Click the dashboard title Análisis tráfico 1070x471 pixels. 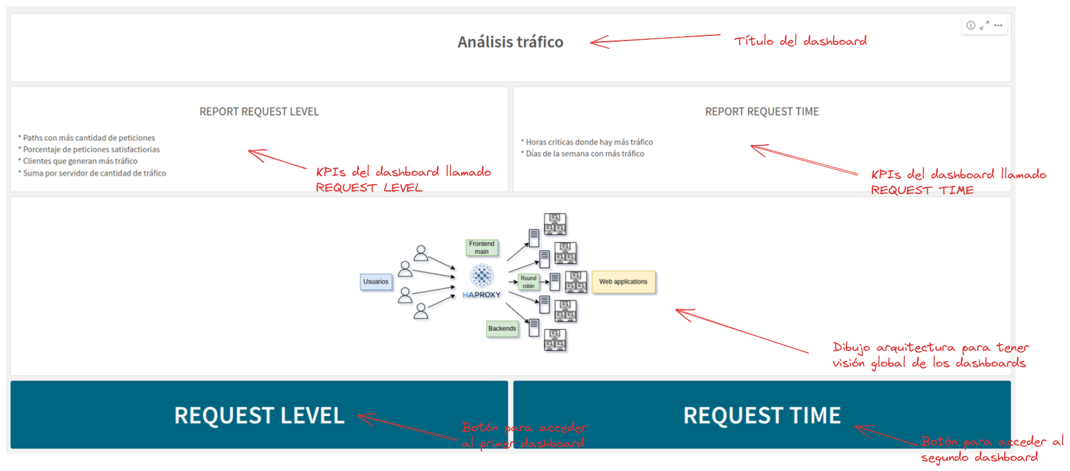pyautogui.click(x=510, y=42)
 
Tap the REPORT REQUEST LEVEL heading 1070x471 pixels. pyautogui.click(x=259, y=112)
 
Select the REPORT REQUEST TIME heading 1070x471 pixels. pyautogui.click(x=762, y=112)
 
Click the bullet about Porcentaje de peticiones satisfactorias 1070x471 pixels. pyautogui.click(x=91, y=150)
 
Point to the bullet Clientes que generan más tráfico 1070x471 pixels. pyautogui.click(x=80, y=161)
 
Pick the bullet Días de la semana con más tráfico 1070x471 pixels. pyautogui.click(x=585, y=154)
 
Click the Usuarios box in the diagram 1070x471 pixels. pyautogui.click(x=376, y=282)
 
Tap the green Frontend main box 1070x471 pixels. pyautogui.click(x=482, y=248)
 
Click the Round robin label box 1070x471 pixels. pyautogui.click(x=528, y=282)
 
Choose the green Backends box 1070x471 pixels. pyautogui.click(x=502, y=329)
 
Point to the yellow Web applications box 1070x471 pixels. pyautogui.click(x=623, y=282)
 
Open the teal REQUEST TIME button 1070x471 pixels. pyautogui.click(x=762, y=415)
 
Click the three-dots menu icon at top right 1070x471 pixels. pyautogui.click(x=998, y=25)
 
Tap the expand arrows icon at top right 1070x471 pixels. pyautogui.click(x=984, y=25)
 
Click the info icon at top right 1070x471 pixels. pyautogui.click(x=971, y=25)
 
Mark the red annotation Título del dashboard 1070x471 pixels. pyautogui.click(x=800, y=41)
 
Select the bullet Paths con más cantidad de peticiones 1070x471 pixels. pyautogui.click(x=88, y=138)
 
